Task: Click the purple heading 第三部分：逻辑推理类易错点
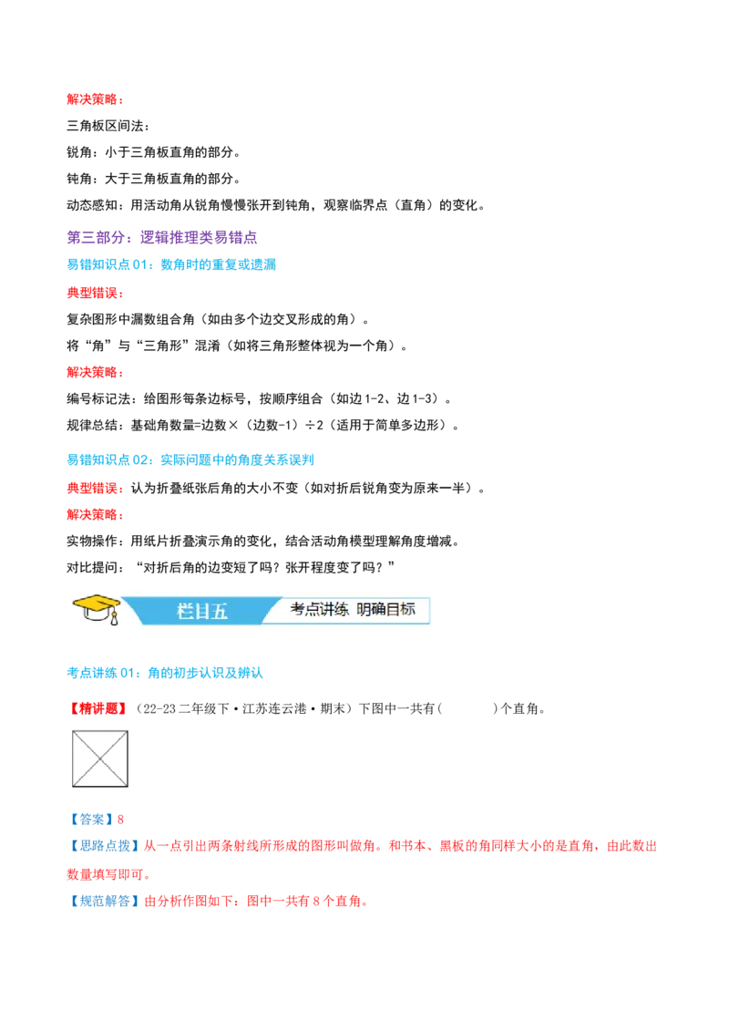tap(162, 238)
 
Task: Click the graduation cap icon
tap(96, 609)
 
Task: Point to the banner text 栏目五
tap(202, 612)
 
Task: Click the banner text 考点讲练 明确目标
tap(353, 610)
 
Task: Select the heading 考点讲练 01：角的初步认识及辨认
tap(165, 673)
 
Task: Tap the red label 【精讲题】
tap(98, 709)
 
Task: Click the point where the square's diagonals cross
tap(100, 759)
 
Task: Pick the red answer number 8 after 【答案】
tap(120, 820)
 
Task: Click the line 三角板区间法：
tap(108, 126)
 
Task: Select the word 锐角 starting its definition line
tap(79, 152)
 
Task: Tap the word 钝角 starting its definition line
tap(79, 179)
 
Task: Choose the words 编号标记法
tap(98, 398)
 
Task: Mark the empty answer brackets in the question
tap(467, 709)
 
